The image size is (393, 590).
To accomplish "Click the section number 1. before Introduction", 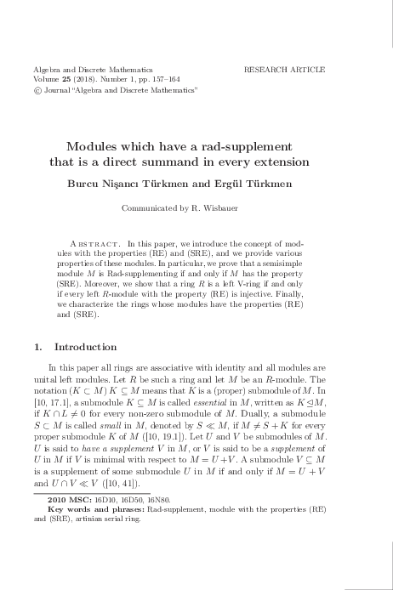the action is click(x=37, y=347).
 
